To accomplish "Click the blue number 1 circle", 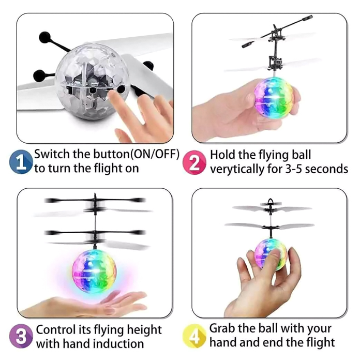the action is [x=21, y=162].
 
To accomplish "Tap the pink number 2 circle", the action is [x=194, y=162].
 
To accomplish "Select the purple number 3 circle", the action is [x=21, y=336].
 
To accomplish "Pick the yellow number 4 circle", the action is [x=194, y=336].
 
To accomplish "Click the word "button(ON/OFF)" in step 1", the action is [x=136, y=154].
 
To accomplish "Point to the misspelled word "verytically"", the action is [x=237, y=170].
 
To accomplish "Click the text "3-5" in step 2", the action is [x=277, y=169].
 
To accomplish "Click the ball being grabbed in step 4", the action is [x=270, y=254].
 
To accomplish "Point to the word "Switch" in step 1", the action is [x=52, y=154].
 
